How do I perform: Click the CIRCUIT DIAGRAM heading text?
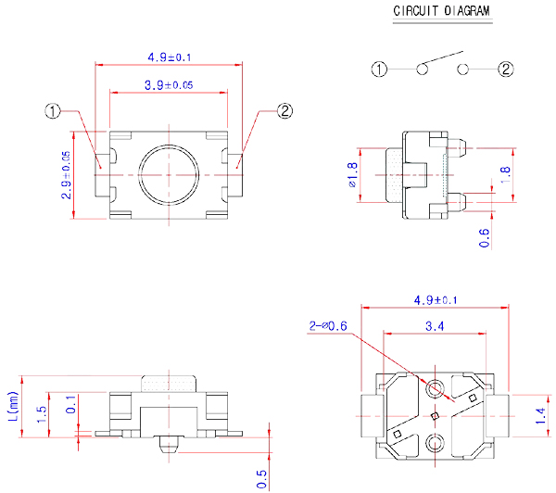(x=441, y=10)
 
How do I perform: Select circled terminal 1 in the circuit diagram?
(x=379, y=70)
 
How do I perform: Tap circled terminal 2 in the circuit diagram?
(x=506, y=70)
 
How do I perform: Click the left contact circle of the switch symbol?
(x=422, y=70)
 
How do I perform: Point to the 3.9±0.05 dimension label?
(x=169, y=85)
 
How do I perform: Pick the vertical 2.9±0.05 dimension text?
(x=67, y=175)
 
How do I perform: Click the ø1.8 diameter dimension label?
(x=353, y=175)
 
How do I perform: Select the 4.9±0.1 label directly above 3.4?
(x=436, y=300)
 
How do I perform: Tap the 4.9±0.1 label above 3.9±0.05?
(x=170, y=57)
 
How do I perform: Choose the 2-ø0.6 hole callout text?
(x=328, y=326)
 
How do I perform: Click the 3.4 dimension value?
(x=435, y=326)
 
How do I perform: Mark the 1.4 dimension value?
(x=541, y=416)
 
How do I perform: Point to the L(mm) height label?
(x=13, y=407)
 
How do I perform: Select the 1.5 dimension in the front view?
(x=42, y=414)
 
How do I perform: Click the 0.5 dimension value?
(x=261, y=479)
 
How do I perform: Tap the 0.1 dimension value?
(x=71, y=404)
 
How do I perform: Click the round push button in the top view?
(x=169, y=175)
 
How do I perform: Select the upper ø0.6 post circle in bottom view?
(x=435, y=388)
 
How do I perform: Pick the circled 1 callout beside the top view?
(x=53, y=111)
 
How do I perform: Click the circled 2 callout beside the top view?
(x=284, y=111)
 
